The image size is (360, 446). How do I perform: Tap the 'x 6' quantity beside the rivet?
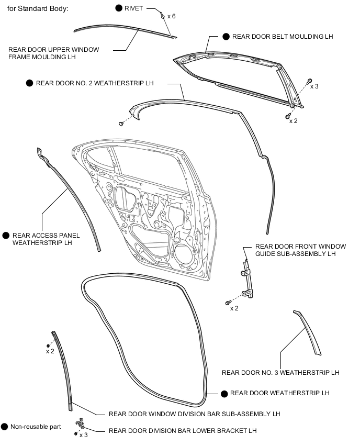click(x=172, y=17)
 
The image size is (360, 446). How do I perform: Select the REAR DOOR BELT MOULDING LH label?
click(x=283, y=37)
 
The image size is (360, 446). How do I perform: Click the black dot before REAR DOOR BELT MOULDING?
click(x=226, y=37)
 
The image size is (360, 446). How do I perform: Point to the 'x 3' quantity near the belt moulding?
click(x=314, y=86)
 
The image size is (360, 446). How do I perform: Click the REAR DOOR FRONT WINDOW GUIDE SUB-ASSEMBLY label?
click(x=295, y=250)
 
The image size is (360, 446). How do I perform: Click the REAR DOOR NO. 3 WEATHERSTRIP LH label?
click(x=280, y=373)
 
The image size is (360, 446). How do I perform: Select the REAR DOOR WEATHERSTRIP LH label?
click(x=279, y=393)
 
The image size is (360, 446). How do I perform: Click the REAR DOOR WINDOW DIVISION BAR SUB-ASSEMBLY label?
click(x=194, y=414)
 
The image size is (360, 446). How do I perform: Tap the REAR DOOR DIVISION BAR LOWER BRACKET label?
click(x=183, y=431)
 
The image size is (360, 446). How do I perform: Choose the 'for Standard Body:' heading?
click(x=38, y=9)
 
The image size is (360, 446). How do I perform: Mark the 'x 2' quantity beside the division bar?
click(x=50, y=351)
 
